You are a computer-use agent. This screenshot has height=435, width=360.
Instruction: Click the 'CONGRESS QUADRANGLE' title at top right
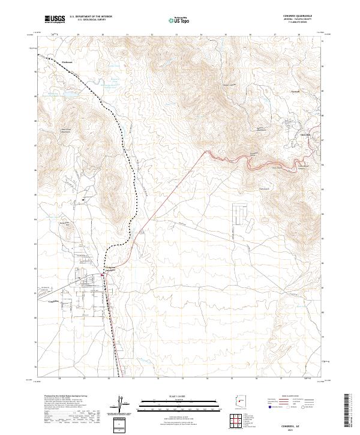point(298,16)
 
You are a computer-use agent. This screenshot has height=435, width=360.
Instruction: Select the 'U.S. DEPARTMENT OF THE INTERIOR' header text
point(91,17)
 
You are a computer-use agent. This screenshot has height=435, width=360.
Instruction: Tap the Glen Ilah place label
point(305,135)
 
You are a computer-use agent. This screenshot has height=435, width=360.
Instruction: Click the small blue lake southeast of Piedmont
point(68,94)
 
